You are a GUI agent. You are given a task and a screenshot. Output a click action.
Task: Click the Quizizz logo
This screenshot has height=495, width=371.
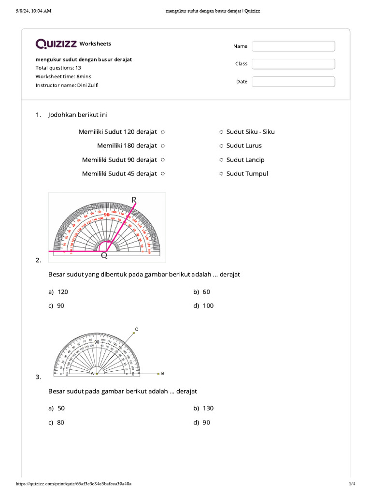(x=56, y=44)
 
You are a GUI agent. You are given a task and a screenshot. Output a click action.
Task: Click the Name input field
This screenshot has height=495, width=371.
(x=293, y=46)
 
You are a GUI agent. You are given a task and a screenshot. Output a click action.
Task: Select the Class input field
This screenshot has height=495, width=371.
(x=293, y=64)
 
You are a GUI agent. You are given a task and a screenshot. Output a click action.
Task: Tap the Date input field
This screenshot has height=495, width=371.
(x=293, y=82)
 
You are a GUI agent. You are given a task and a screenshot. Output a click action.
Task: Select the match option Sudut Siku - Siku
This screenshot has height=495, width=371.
(x=250, y=132)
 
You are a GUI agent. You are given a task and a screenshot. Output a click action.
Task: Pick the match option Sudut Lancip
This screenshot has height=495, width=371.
(x=245, y=160)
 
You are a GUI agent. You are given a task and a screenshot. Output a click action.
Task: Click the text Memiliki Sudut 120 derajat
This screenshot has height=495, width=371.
(x=118, y=132)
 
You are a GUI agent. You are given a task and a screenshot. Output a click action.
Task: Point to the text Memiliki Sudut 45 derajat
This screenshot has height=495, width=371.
(x=119, y=174)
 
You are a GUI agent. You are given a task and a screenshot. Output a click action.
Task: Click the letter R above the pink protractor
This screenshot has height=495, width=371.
(x=134, y=199)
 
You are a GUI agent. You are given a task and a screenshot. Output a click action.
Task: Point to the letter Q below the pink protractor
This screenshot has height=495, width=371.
(x=104, y=256)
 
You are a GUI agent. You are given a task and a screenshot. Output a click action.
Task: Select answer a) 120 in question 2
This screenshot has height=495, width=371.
(x=61, y=292)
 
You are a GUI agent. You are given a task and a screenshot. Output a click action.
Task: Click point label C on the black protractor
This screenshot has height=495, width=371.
(x=137, y=329)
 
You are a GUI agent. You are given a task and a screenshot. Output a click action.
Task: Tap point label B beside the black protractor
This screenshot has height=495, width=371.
(x=163, y=373)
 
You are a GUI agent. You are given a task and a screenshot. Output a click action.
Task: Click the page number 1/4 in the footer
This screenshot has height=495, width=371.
(x=352, y=484)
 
